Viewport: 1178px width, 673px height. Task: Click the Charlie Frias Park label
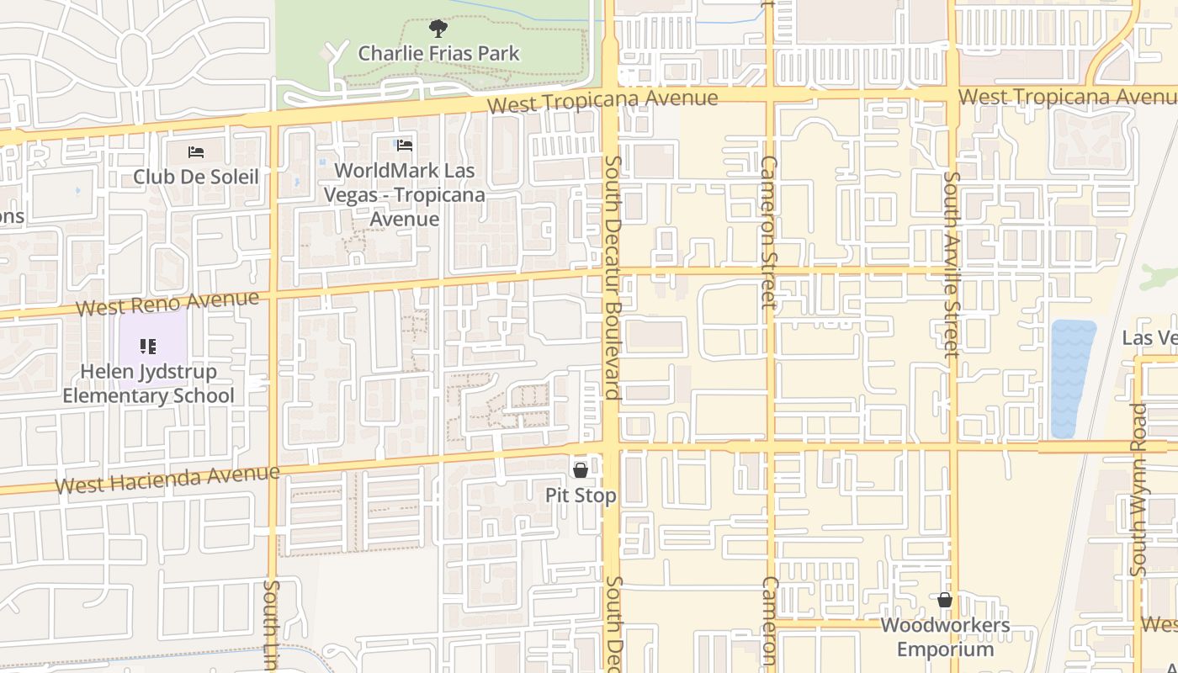click(438, 53)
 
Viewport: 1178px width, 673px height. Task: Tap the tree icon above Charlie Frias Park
click(438, 29)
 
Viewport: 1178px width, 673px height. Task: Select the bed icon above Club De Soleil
click(196, 152)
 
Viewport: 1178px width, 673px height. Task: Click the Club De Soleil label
click(196, 177)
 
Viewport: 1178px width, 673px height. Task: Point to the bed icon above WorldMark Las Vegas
click(405, 146)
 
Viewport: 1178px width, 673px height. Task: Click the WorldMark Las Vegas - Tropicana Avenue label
click(405, 194)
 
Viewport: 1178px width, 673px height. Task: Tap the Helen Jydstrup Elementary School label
click(148, 384)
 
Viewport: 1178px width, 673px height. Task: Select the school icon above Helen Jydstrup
click(148, 346)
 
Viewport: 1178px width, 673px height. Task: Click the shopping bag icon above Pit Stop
click(581, 470)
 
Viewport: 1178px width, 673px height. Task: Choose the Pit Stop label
click(581, 495)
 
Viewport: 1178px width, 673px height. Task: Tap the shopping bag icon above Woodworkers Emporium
click(945, 600)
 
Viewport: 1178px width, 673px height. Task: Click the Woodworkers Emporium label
click(945, 637)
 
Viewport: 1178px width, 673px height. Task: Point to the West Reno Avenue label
click(167, 304)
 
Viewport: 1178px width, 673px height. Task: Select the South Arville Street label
click(952, 264)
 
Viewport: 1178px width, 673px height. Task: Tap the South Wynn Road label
click(1138, 490)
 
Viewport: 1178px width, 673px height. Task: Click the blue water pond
click(1073, 379)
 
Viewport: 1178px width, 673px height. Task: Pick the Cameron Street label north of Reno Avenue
click(768, 232)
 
